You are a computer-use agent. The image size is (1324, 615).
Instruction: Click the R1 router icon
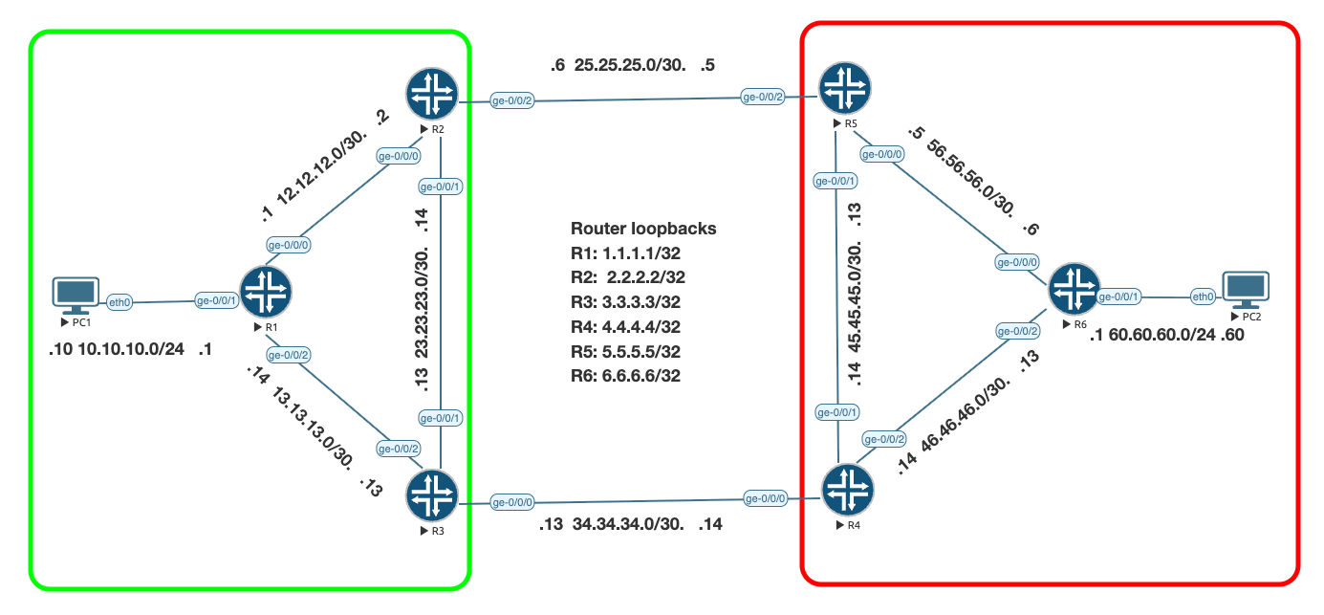click(x=265, y=291)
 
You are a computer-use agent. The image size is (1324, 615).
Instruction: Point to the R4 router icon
click(x=847, y=490)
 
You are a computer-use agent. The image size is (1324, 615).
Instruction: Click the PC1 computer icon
click(x=76, y=295)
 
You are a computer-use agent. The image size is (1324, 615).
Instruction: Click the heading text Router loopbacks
click(x=643, y=229)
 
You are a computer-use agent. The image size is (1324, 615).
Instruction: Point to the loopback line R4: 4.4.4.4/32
click(x=628, y=327)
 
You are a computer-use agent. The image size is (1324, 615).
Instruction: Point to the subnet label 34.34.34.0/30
click(x=623, y=524)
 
